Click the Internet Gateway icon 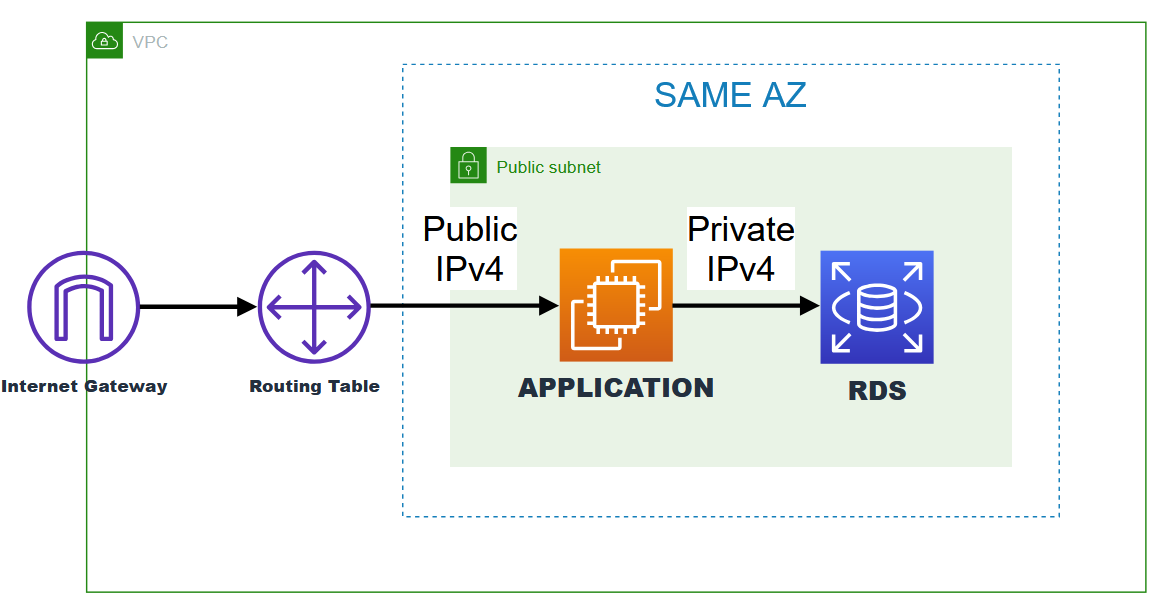(x=84, y=307)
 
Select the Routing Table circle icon (x=314, y=307)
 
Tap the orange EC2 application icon (x=616, y=305)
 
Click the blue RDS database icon (x=877, y=307)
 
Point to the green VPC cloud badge (x=105, y=41)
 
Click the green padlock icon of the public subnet (x=468, y=165)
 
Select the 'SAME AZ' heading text (x=730, y=95)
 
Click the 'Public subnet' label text (x=549, y=167)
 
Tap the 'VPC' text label (x=150, y=42)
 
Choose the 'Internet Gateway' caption (x=84, y=386)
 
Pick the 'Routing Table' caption (x=314, y=386)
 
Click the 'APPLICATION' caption (x=616, y=388)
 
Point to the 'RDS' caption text (x=877, y=391)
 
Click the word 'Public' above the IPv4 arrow (x=470, y=230)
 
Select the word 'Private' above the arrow (x=741, y=230)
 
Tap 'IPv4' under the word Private (x=741, y=268)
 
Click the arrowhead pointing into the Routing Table (x=247, y=307)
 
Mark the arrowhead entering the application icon (x=549, y=306)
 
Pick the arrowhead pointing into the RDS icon (x=810, y=306)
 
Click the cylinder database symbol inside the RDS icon (x=877, y=308)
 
